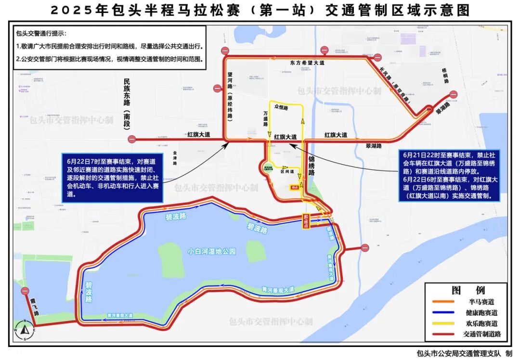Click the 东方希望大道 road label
pos(307,63)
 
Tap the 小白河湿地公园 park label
pos(212,251)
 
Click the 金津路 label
pos(175,157)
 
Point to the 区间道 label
pos(287,171)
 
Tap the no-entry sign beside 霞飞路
pos(25,291)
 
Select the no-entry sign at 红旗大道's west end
pos(132,140)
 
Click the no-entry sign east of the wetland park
pos(365,248)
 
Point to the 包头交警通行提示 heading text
pos(41,34)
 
